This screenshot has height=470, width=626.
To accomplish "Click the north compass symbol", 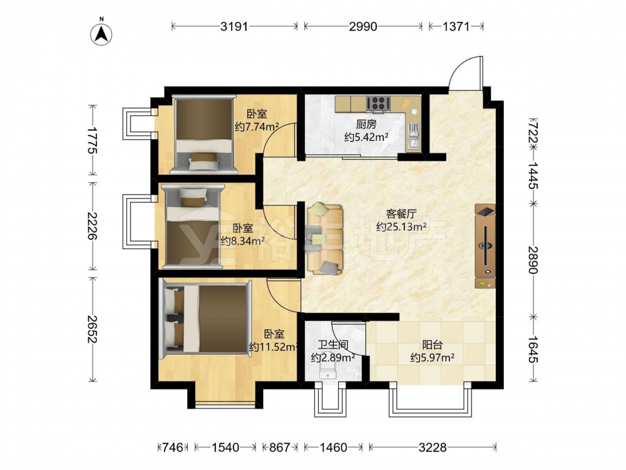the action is pyautogui.click(x=101, y=33).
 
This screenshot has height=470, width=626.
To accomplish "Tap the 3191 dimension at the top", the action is pyautogui.click(x=234, y=26).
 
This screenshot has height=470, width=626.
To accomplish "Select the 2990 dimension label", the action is pyautogui.click(x=363, y=26).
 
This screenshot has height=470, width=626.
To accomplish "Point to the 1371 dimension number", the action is pyautogui.click(x=456, y=26).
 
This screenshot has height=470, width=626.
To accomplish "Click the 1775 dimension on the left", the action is pyautogui.click(x=92, y=140).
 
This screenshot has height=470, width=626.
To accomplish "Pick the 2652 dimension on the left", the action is pyautogui.click(x=92, y=330).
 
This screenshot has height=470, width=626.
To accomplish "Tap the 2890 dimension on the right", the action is pyautogui.click(x=533, y=260).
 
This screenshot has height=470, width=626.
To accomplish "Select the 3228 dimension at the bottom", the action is pyautogui.click(x=433, y=447).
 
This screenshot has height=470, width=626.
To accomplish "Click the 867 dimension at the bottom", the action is pyautogui.click(x=279, y=447).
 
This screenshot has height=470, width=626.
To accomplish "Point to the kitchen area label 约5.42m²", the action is pyautogui.click(x=366, y=137).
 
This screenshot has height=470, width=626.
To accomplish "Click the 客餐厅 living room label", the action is pyautogui.click(x=401, y=214).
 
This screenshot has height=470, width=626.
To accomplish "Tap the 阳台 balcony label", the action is pyautogui.click(x=433, y=345).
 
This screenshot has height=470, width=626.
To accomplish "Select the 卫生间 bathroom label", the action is pyautogui.click(x=333, y=345).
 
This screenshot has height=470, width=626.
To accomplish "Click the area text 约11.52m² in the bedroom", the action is pyautogui.click(x=274, y=347).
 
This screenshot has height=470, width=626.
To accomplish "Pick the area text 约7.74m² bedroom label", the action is pyautogui.click(x=257, y=127).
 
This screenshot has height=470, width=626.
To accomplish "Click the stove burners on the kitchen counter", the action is pyautogui.click(x=378, y=103).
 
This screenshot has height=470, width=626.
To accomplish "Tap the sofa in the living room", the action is pyautogui.click(x=325, y=239).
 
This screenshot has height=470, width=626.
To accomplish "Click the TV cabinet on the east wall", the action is pyautogui.click(x=486, y=246).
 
